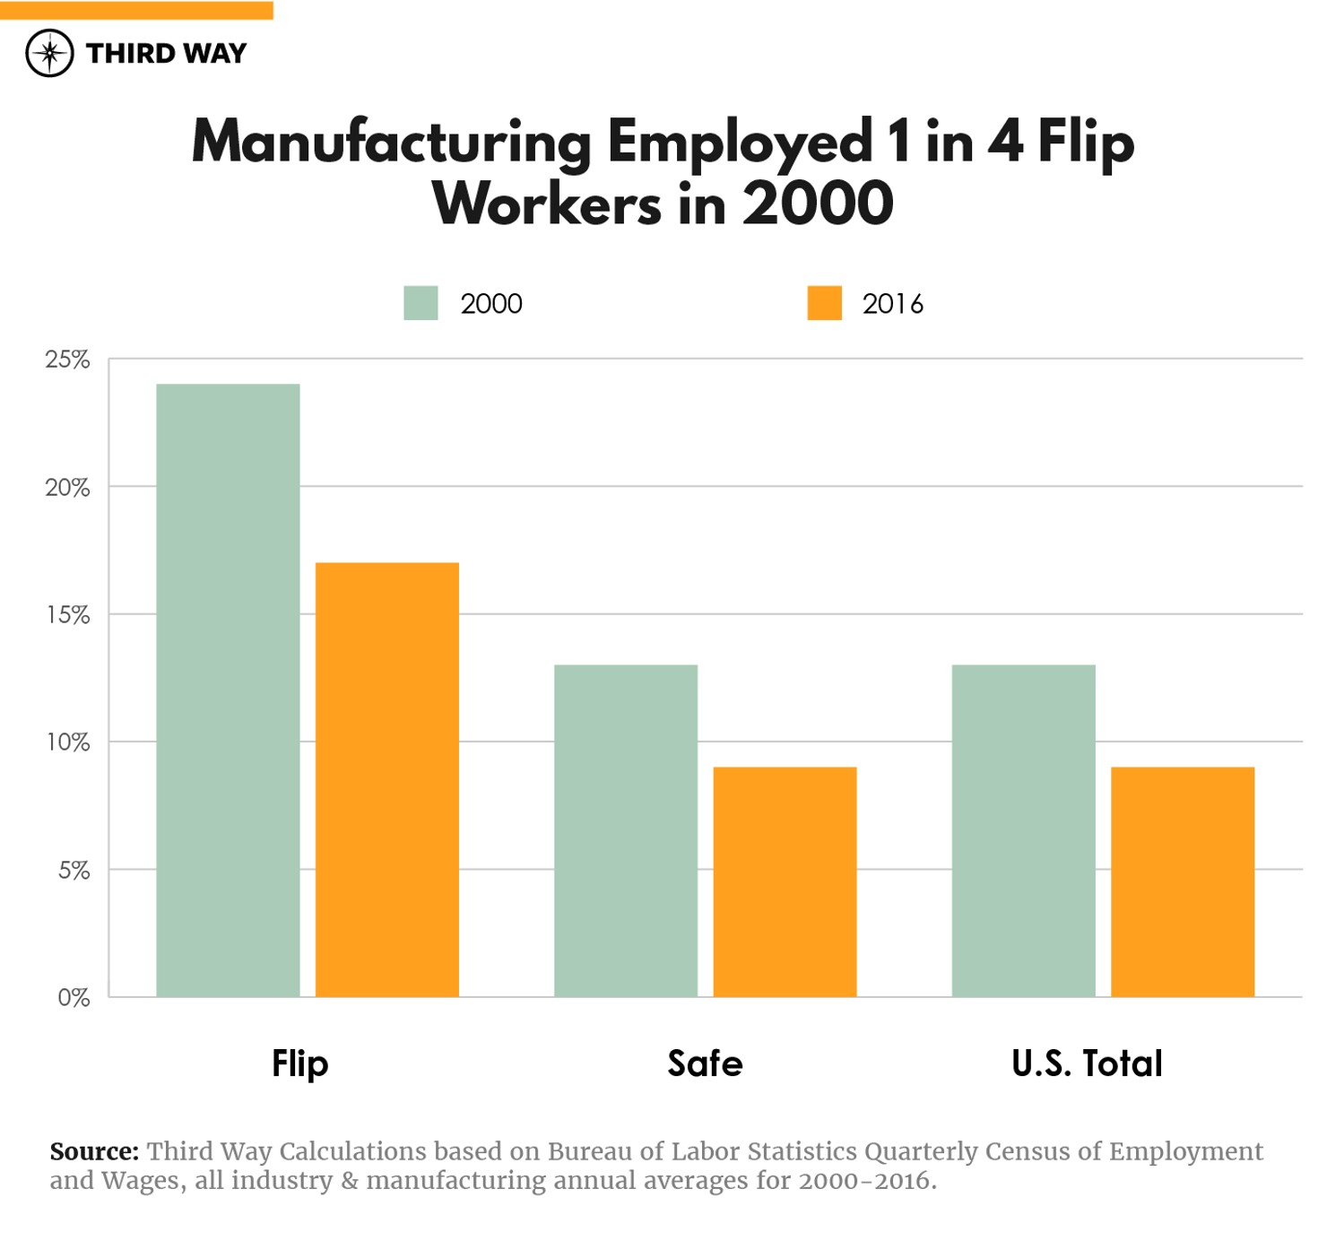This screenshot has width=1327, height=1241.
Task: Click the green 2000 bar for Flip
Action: (x=228, y=690)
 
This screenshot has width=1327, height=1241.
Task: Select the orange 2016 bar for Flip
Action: (x=386, y=779)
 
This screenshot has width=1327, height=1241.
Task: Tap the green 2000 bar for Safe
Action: (x=625, y=830)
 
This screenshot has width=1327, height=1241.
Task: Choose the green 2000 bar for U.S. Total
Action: (x=1023, y=830)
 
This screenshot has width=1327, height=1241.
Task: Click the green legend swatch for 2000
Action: (x=421, y=303)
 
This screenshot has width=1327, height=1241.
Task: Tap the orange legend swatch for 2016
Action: (x=824, y=303)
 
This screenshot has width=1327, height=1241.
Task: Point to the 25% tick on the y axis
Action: (x=67, y=360)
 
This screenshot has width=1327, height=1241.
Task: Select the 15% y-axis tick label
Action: (x=68, y=615)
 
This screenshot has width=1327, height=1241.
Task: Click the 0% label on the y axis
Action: (x=74, y=998)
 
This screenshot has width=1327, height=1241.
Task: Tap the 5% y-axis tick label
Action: (x=74, y=871)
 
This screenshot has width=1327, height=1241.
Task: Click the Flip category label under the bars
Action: (x=299, y=1063)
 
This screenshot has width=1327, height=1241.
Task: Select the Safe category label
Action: (x=705, y=1063)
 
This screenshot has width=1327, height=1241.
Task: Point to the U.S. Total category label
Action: (x=1087, y=1063)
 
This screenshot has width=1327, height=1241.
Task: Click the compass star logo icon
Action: (x=49, y=53)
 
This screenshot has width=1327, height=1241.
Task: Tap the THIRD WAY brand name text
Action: (x=166, y=54)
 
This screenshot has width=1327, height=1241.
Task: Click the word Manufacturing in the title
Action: (x=392, y=143)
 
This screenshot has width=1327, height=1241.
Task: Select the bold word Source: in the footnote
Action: (x=94, y=1151)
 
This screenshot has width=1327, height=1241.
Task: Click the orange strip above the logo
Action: (x=136, y=10)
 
